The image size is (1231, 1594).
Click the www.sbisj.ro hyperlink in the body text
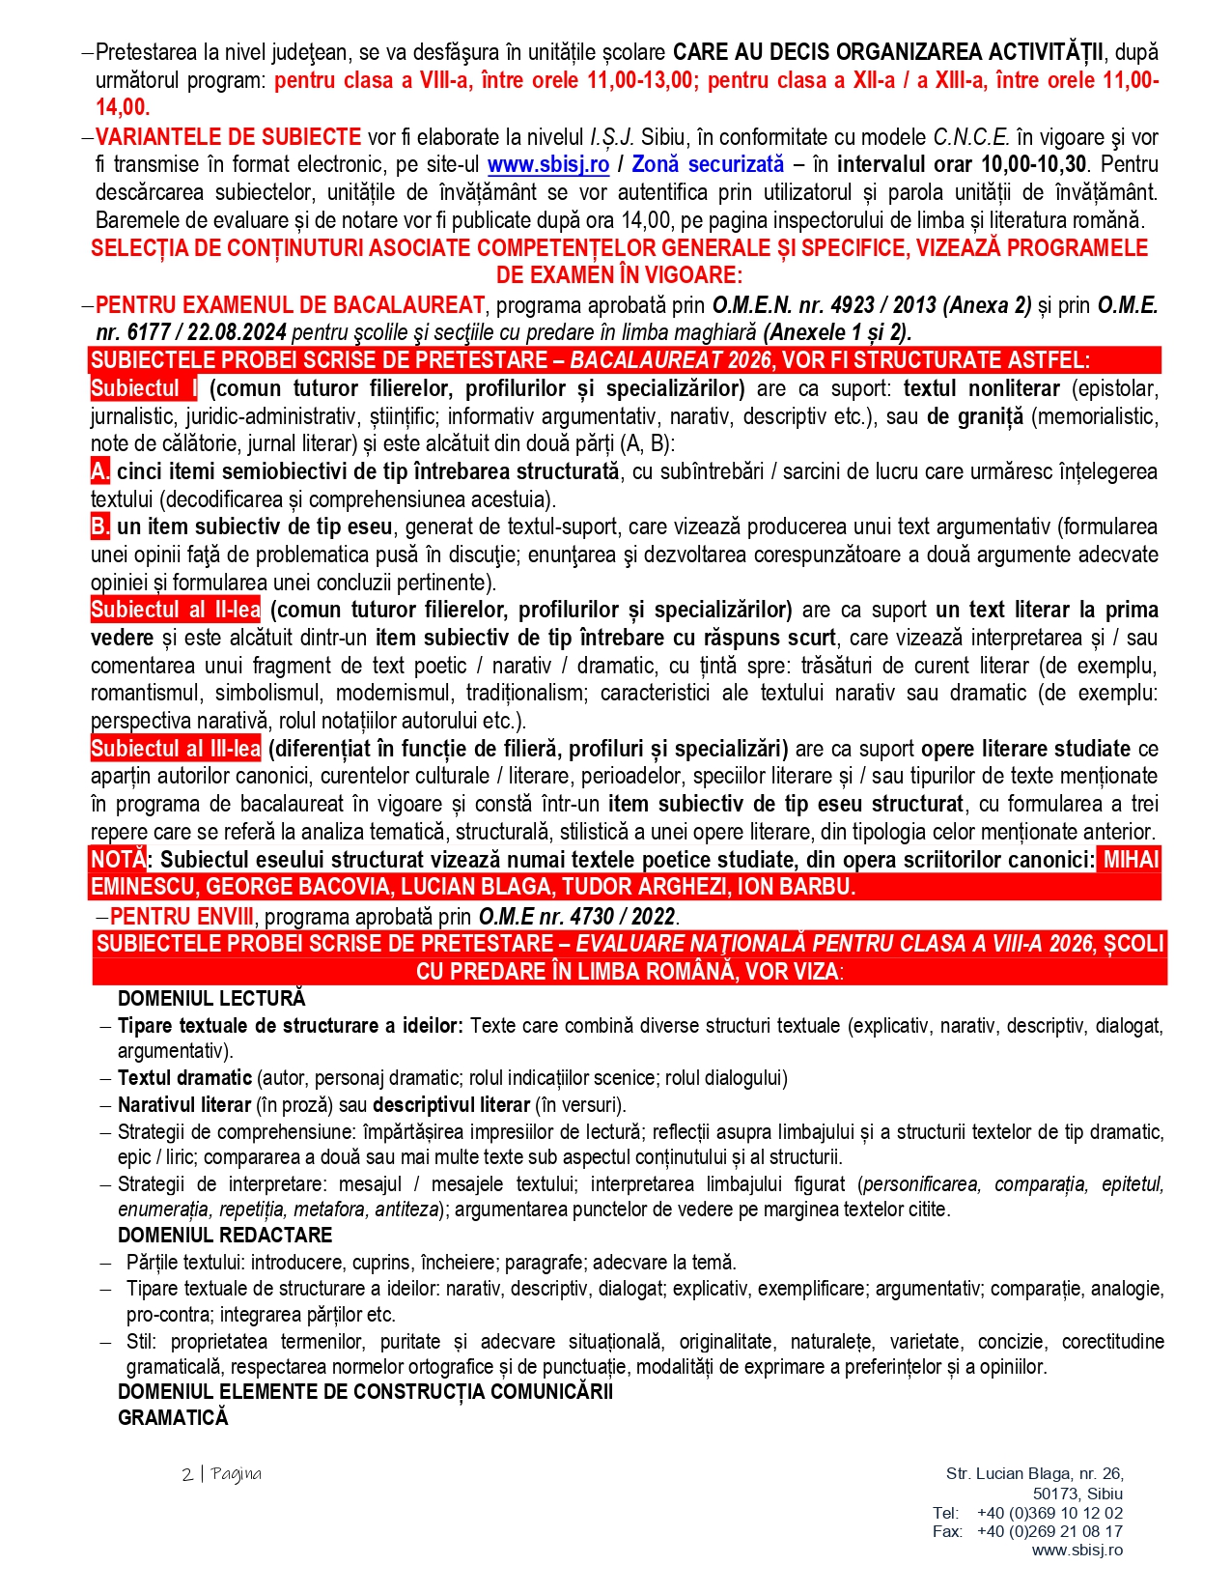tap(547, 165)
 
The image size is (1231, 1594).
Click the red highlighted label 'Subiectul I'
tap(144, 389)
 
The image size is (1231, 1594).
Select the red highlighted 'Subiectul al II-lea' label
tap(176, 611)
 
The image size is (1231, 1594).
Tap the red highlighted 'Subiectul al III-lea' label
tap(176, 749)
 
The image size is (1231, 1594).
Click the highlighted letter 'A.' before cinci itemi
tap(100, 472)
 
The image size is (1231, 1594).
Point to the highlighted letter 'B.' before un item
tap(100, 527)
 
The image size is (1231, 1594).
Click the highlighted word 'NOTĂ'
tap(118, 860)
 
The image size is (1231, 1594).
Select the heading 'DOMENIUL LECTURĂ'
tap(211, 999)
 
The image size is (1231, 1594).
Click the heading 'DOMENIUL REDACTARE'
tap(225, 1236)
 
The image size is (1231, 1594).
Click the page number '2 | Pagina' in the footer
tap(221, 1474)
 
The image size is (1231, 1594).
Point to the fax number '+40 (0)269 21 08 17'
tap(1049, 1531)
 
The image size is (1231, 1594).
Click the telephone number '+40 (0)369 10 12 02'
tap(1049, 1513)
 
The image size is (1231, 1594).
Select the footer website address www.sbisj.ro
tap(1077, 1550)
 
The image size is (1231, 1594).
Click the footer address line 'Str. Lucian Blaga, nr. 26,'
tap(1034, 1474)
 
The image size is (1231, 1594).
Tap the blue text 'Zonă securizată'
tap(708, 165)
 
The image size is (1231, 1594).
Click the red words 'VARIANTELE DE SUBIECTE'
tap(228, 138)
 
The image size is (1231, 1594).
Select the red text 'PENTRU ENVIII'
tap(182, 916)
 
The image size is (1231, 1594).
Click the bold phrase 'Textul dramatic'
tap(184, 1078)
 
